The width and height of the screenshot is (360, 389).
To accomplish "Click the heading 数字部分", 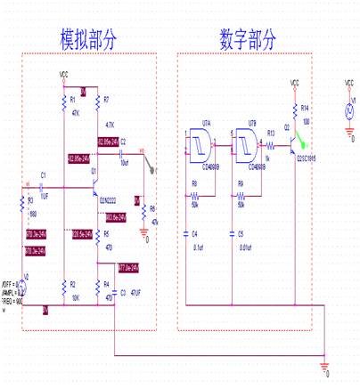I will [248, 40].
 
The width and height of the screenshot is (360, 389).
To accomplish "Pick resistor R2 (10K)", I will [61, 286].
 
